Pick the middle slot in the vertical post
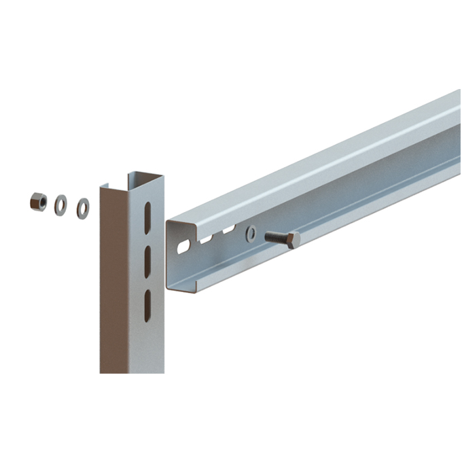pos(147,257)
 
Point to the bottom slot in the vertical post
pos(147,305)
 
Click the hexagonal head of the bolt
pos(293,239)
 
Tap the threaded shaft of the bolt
pos(275,237)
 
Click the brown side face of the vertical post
pos(112,285)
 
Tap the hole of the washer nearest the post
pos(83,208)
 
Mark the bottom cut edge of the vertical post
pos(132,372)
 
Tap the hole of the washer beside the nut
pos(60,204)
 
